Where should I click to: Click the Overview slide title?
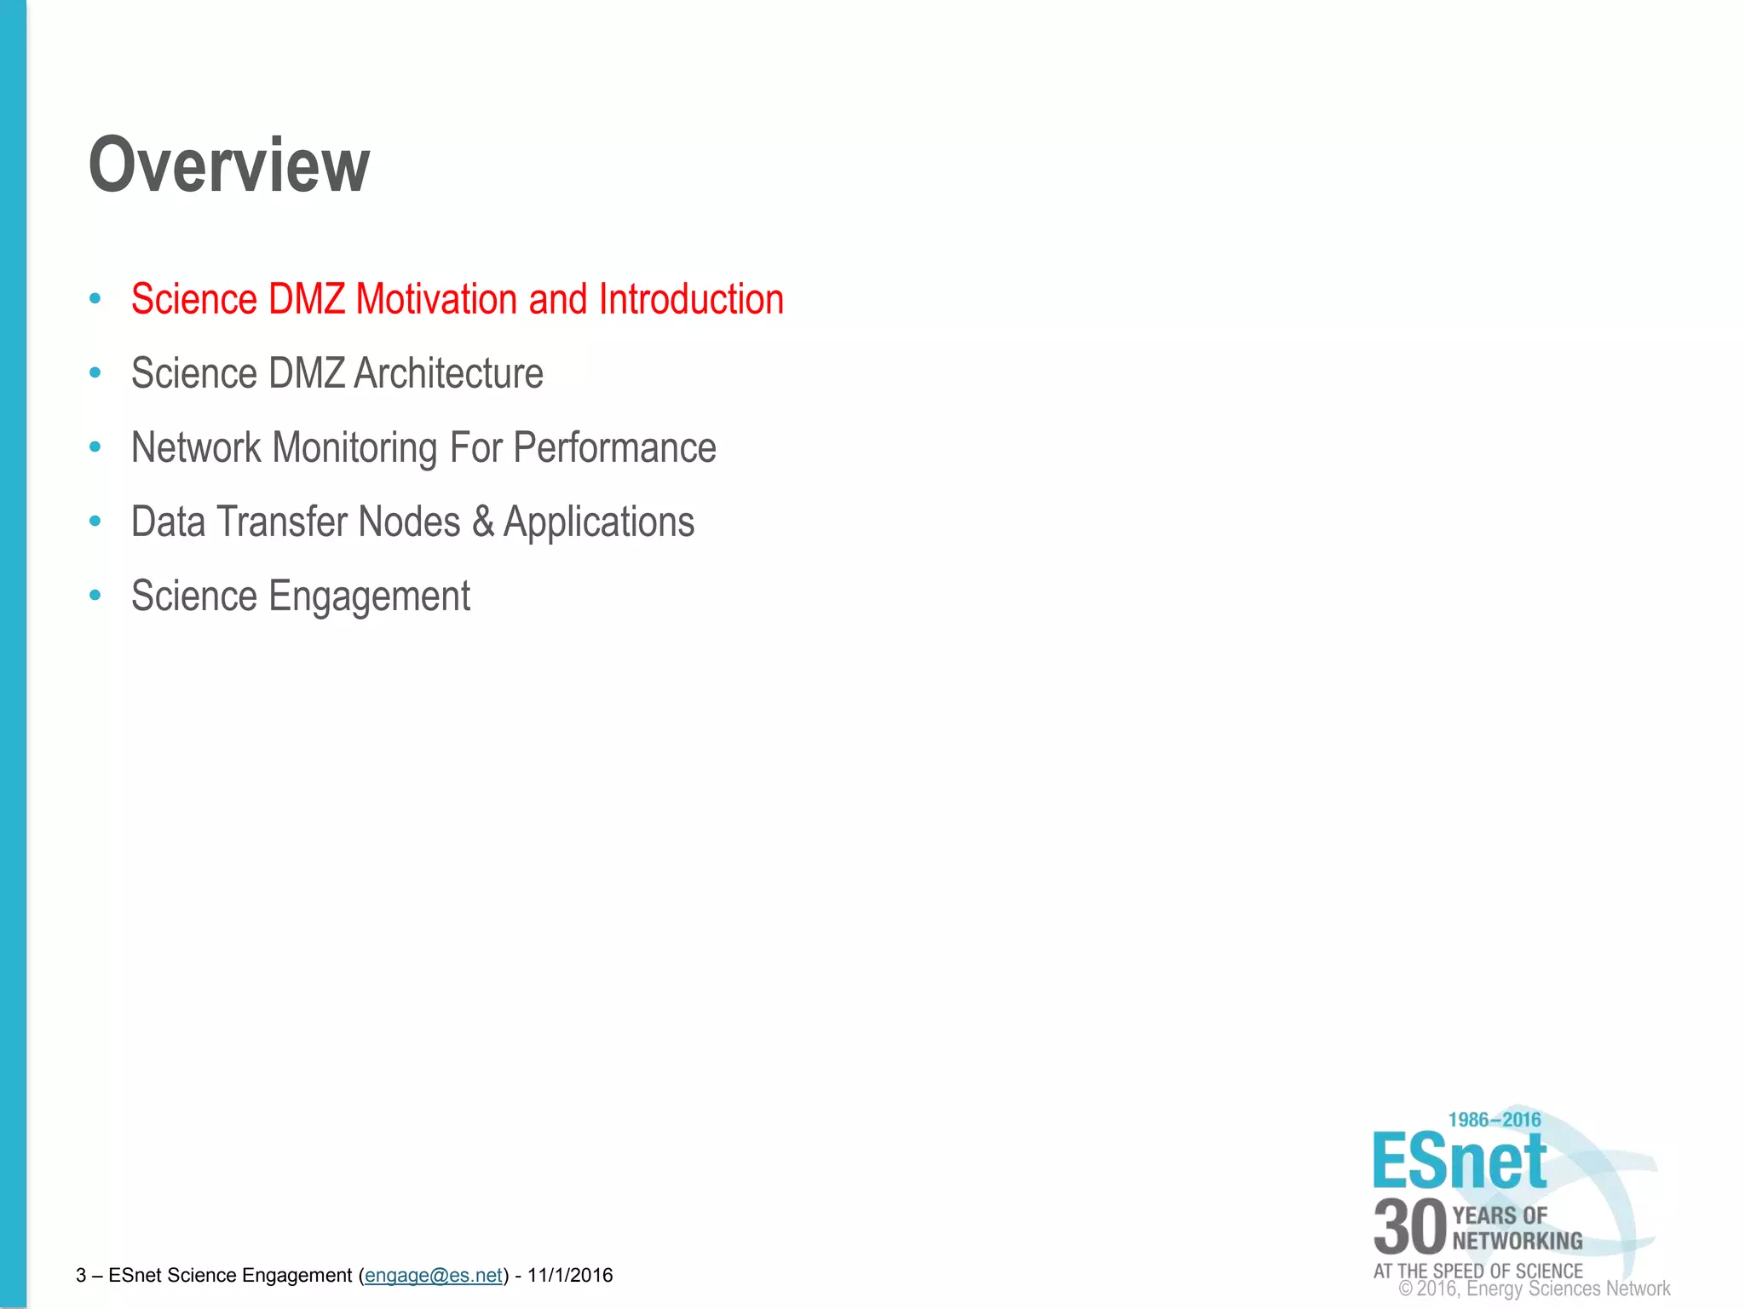coord(229,165)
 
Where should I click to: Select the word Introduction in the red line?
coord(691,299)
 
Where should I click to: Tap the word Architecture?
coord(448,373)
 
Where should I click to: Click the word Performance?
coord(614,448)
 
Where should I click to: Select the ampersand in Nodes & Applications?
coord(483,522)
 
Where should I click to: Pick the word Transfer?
coord(283,522)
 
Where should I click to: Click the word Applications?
coord(599,522)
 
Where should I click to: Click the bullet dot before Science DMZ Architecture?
coord(95,372)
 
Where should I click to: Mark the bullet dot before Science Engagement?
coord(95,595)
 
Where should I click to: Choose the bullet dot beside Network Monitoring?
coord(95,447)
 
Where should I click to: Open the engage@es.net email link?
coord(434,1275)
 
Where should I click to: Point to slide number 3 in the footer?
coord(81,1275)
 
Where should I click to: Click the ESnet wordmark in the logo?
coord(1459,1161)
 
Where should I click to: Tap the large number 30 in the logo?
coord(1410,1227)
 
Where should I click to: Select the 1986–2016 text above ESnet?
coord(1494,1120)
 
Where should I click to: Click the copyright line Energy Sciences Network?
coord(1542,1289)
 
